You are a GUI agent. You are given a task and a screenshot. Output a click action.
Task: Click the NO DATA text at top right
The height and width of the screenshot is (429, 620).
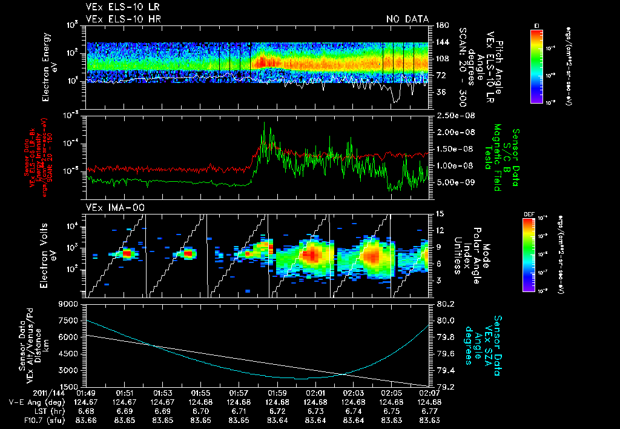pos(407,19)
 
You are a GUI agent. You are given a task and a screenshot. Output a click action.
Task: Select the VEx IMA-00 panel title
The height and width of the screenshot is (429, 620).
pos(109,207)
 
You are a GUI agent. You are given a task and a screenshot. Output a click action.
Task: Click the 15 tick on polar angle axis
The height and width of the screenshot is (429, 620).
pos(440,214)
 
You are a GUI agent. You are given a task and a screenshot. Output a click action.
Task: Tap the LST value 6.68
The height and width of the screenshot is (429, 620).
pos(87,411)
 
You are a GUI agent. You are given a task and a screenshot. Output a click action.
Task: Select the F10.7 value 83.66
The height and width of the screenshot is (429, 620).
pos(87,420)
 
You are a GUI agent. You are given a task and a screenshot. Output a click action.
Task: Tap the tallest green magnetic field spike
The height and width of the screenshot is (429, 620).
pos(264,124)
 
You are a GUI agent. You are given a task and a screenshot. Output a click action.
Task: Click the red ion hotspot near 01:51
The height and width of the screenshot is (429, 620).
pos(127,253)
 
